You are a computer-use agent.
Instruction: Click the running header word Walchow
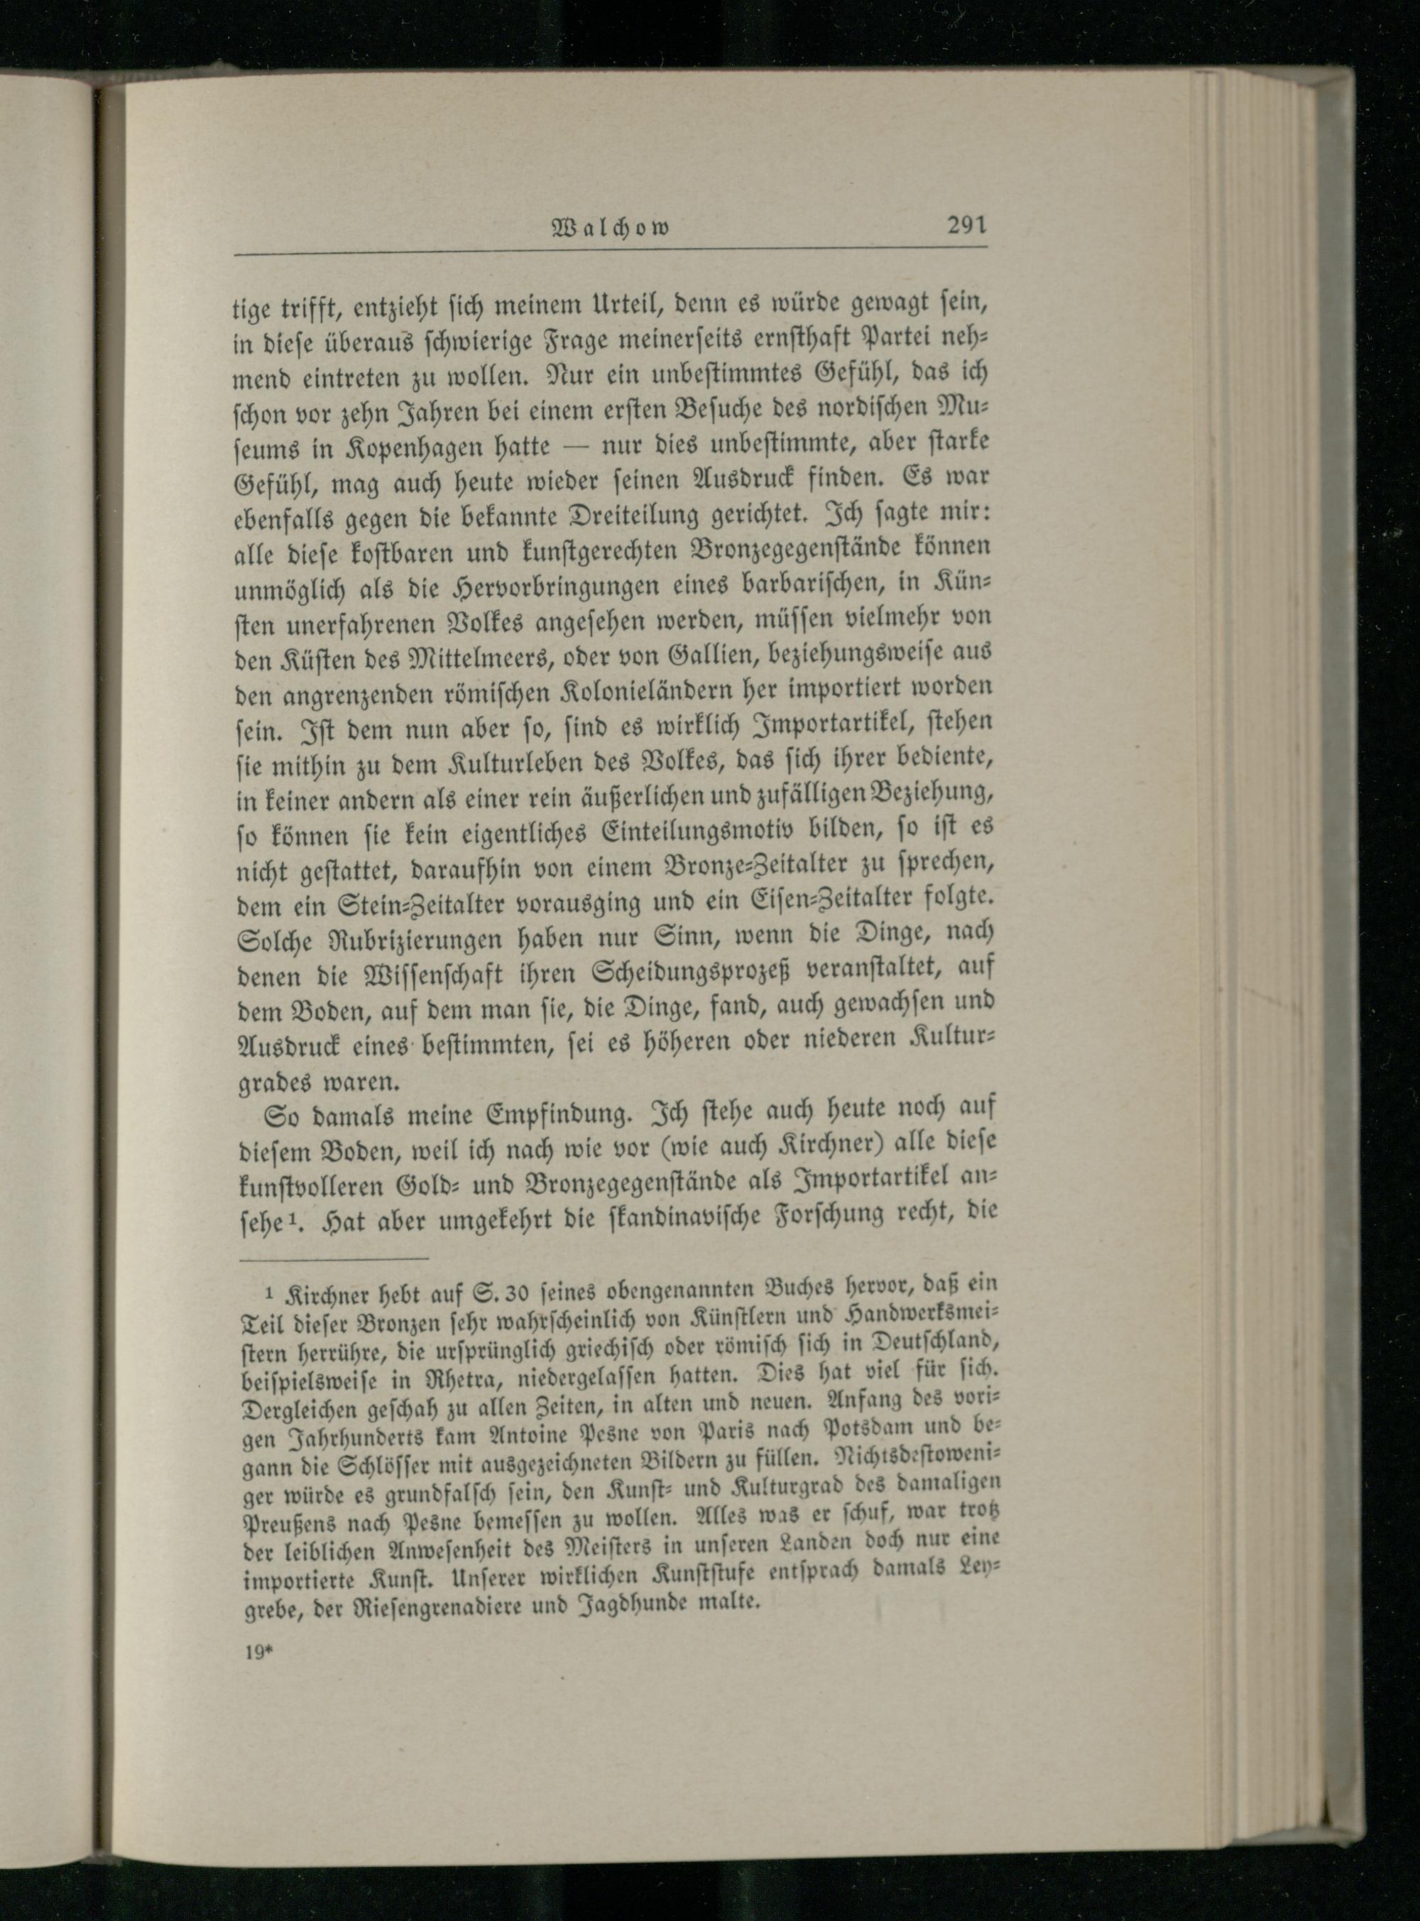pyautogui.click(x=612, y=229)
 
